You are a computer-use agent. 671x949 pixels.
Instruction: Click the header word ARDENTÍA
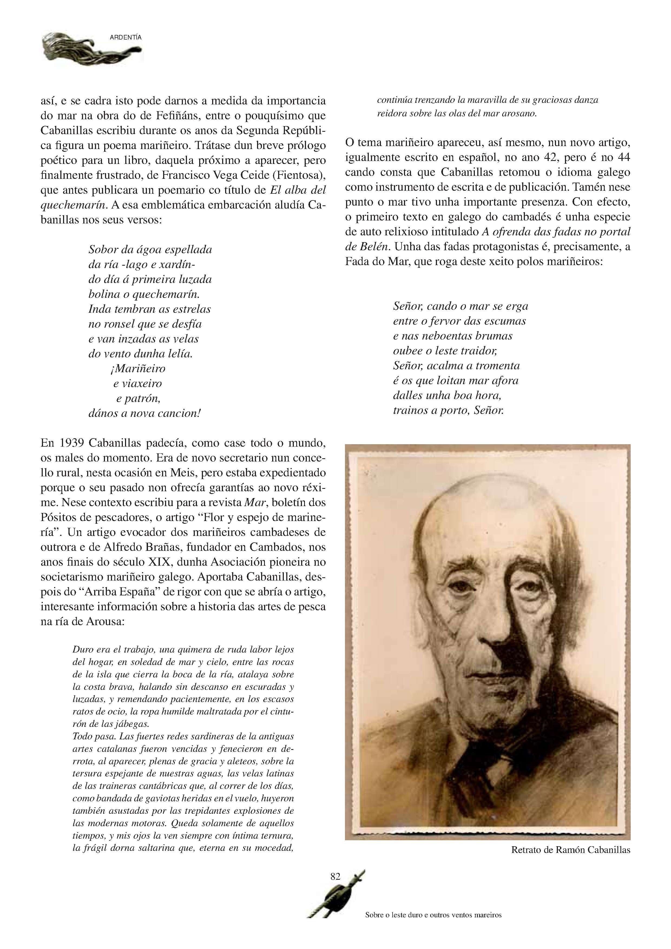126,37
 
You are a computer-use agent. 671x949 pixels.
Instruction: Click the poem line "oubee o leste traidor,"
445,351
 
